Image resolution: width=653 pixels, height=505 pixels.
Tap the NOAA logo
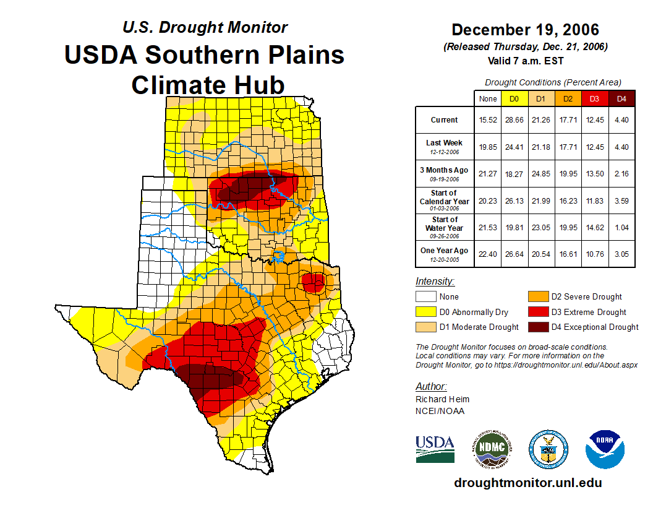pyautogui.click(x=605, y=449)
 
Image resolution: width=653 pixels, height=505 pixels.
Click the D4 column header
pyautogui.click(x=621, y=99)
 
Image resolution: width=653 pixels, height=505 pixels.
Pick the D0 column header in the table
pyautogui.click(x=514, y=99)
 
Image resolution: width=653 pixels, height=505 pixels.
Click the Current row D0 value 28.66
pyautogui.click(x=514, y=120)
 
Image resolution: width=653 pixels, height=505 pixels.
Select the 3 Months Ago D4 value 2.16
pyautogui.click(x=621, y=174)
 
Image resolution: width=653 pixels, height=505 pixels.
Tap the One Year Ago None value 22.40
pyautogui.click(x=488, y=254)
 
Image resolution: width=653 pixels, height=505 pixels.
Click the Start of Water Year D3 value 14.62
pyautogui.click(x=594, y=228)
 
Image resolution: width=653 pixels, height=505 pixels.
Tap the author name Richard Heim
pyautogui.click(x=442, y=399)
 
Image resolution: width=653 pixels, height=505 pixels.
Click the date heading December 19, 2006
pyautogui.click(x=525, y=30)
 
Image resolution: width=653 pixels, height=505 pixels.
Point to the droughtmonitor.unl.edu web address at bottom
pyautogui.click(x=527, y=483)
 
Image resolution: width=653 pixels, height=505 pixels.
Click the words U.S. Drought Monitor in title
pyautogui.click(x=205, y=27)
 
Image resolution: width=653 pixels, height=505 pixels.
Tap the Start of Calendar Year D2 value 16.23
pyautogui.click(x=568, y=201)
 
